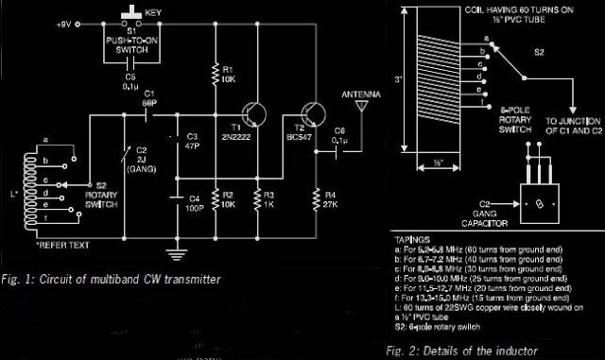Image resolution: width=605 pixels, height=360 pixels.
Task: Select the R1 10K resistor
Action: (216, 72)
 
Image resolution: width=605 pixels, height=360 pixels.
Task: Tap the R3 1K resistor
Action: (258, 198)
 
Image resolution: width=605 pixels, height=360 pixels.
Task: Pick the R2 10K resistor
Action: (216, 198)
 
